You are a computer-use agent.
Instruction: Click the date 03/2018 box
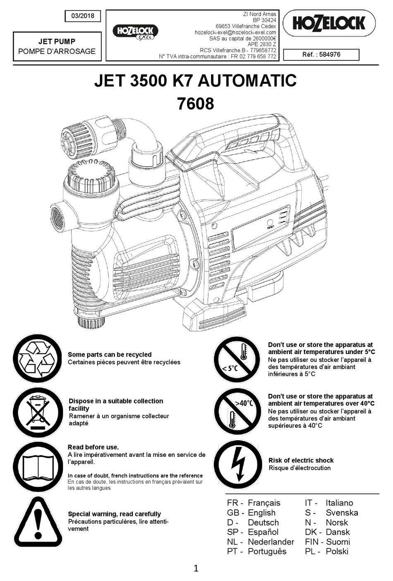83,16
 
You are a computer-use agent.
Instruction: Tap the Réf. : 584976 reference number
321,54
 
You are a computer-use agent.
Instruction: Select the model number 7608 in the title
195,104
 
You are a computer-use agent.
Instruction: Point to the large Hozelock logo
329,23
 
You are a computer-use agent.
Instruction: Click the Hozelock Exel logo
135,32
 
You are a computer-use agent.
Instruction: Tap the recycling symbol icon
37,358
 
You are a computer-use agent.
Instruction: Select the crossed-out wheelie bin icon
37,412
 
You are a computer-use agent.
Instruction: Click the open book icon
37,466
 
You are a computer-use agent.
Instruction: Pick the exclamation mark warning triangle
38,522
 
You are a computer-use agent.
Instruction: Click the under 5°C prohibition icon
237,359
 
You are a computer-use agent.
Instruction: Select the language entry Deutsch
263,523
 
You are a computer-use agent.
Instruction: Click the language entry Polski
337,552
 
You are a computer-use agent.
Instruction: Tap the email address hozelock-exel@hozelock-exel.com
235,32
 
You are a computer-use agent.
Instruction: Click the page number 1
196,569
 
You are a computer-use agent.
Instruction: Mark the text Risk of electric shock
301,460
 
